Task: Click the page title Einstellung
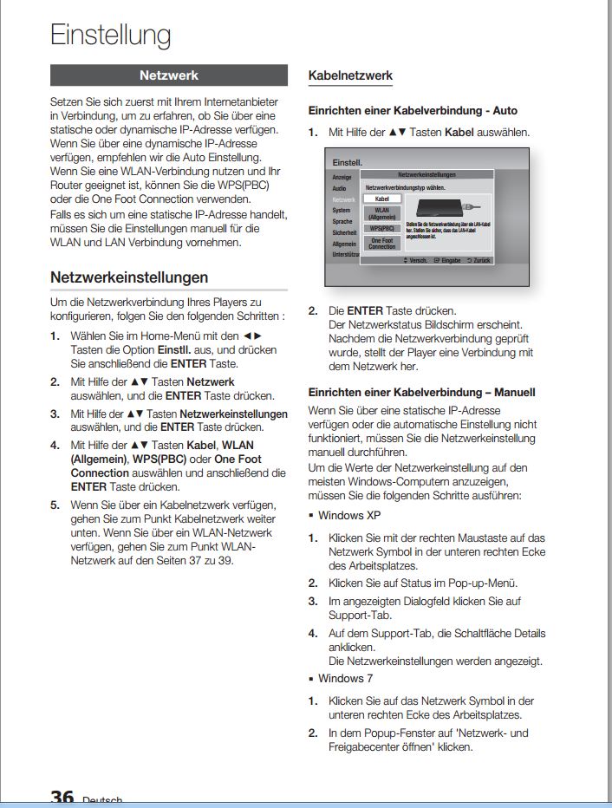pyautogui.click(x=110, y=35)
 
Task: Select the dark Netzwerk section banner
pyautogui.click(x=169, y=75)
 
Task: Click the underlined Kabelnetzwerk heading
pyautogui.click(x=350, y=76)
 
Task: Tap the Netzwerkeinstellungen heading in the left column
pyautogui.click(x=129, y=277)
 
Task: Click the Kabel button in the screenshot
pyautogui.click(x=381, y=199)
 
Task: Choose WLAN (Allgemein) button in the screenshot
pyautogui.click(x=381, y=213)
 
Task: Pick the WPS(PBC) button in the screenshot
pyautogui.click(x=381, y=228)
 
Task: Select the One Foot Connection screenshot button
pyautogui.click(x=381, y=243)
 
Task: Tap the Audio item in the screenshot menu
pyautogui.click(x=340, y=187)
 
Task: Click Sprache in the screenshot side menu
pyautogui.click(x=342, y=221)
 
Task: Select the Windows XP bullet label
pyautogui.click(x=342, y=515)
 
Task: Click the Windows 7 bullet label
pyautogui.click(x=340, y=678)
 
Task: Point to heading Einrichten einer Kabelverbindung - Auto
pyautogui.click(x=413, y=111)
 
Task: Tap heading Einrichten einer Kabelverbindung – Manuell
pyautogui.click(x=422, y=392)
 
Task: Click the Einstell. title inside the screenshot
pyautogui.click(x=348, y=162)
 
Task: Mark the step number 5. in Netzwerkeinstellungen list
pyautogui.click(x=55, y=505)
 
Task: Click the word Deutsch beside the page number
pyautogui.click(x=102, y=801)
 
